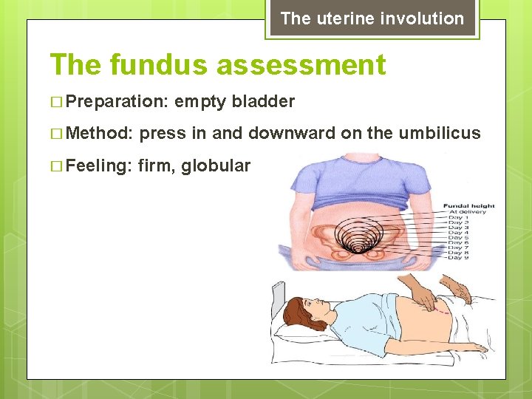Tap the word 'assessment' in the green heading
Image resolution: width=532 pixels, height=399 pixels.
[x=301, y=65]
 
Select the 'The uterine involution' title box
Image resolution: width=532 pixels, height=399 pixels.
[x=372, y=18]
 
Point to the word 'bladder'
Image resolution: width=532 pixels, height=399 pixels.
[x=263, y=102]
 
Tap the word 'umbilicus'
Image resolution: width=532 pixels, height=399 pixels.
[x=440, y=134]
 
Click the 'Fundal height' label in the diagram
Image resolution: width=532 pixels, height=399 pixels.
[x=468, y=205]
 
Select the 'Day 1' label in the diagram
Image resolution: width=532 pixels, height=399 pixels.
[x=457, y=219]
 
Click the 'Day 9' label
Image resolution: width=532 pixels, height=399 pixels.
[x=457, y=257]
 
